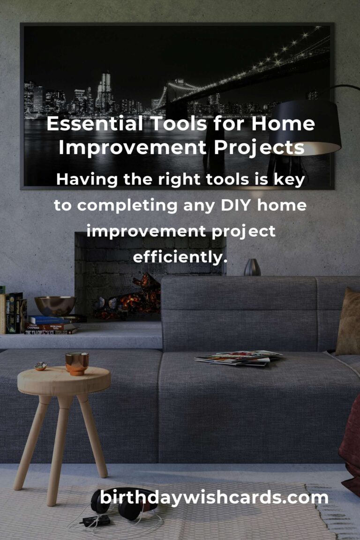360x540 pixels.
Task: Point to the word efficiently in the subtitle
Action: point(180,256)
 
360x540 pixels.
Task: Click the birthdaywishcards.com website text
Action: point(214,497)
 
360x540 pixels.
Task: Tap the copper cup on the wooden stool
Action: point(77,363)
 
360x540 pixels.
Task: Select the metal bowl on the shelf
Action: point(55,306)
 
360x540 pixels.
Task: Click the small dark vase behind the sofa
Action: point(252,267)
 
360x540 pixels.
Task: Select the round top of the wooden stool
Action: point(64,380)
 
